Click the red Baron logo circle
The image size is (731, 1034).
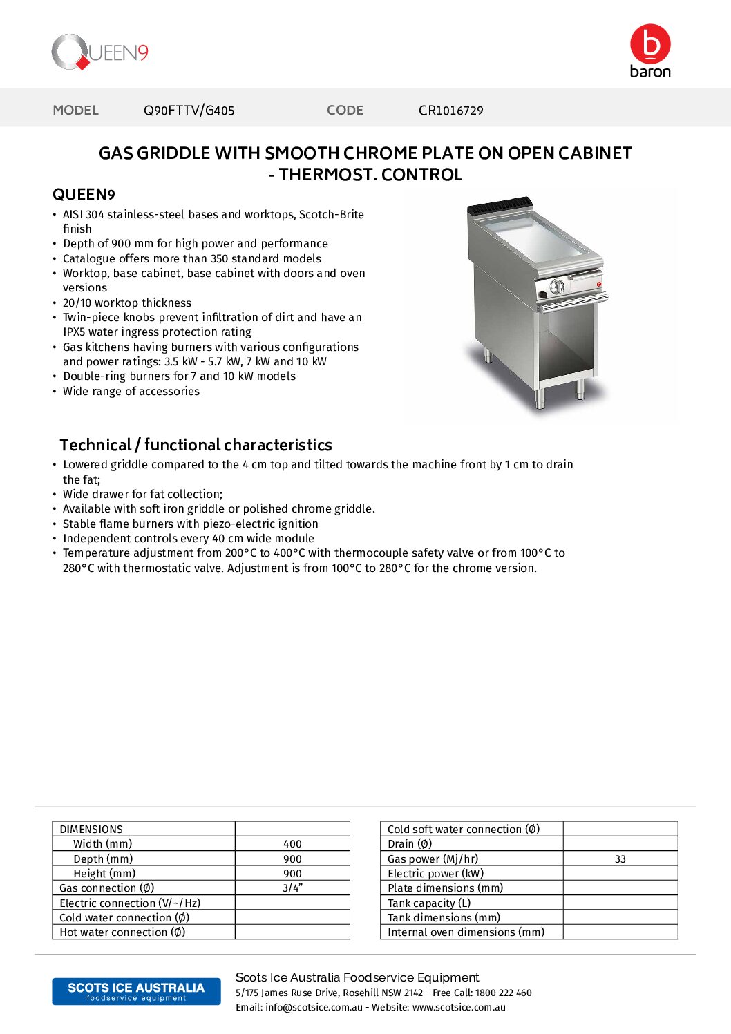pyautogui.click(x=650, y=44)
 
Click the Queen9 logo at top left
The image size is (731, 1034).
pyautogui.click(x=100, y=52)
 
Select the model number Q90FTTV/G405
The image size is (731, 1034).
pyautogui.click(x=189, y=111)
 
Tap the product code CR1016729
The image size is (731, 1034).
pyautogui.click(x=450, y=111)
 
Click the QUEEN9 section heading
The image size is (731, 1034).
pyautogui.click(x=84, y=195)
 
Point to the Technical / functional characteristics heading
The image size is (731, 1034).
pyautogui.click(x=196, y=445)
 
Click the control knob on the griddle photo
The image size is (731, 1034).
pyautogui.click(x=557, y=287)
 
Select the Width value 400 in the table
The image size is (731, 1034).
pyautogui.click(x=292, y=844)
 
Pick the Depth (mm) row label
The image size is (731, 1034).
pyautogui.click(x=103, y=859)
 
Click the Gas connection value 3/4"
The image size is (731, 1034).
pyautogui.click(x=292, y=888)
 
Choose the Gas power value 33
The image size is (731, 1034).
pyautogui.click(x=620, y=859)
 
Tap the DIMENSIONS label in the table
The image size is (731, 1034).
pyautogui.click(x=91, y=829)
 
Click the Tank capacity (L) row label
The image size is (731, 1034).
pyautogui.click(x=428, y=903)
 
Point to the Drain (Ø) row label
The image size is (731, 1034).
pyautogui.click(x=410, y=844)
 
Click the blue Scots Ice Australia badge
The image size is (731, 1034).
pyautogui.click(x=136, y=991)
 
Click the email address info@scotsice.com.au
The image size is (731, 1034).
pyautogui.click(x=314, y=1007)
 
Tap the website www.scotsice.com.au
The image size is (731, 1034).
pyautogui.click(x=459, y=1007)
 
